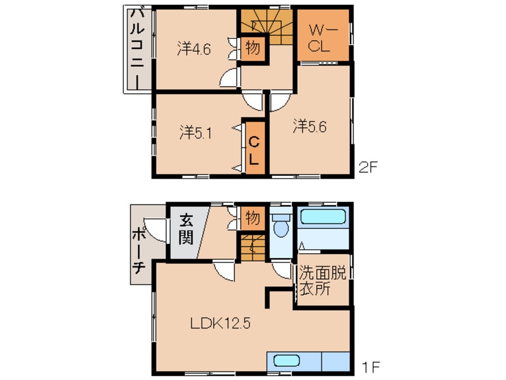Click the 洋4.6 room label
(x=194, y=49)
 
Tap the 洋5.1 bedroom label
(x=196, y=133)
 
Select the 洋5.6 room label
(x=309, y=126)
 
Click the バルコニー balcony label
(x=137, y=48)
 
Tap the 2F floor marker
(x=368, y=167)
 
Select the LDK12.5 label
(x=221, y=323)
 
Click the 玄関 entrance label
(x=186, y=229)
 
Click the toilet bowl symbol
(x=281, y=225)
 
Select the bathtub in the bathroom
(x=324, y=216)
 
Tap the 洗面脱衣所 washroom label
(x=322, y=280)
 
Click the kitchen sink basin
(x=286, y=360)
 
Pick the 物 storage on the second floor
(x=253, y=48)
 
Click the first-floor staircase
(x=253, y=247)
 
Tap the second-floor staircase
(x=267, y=27)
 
